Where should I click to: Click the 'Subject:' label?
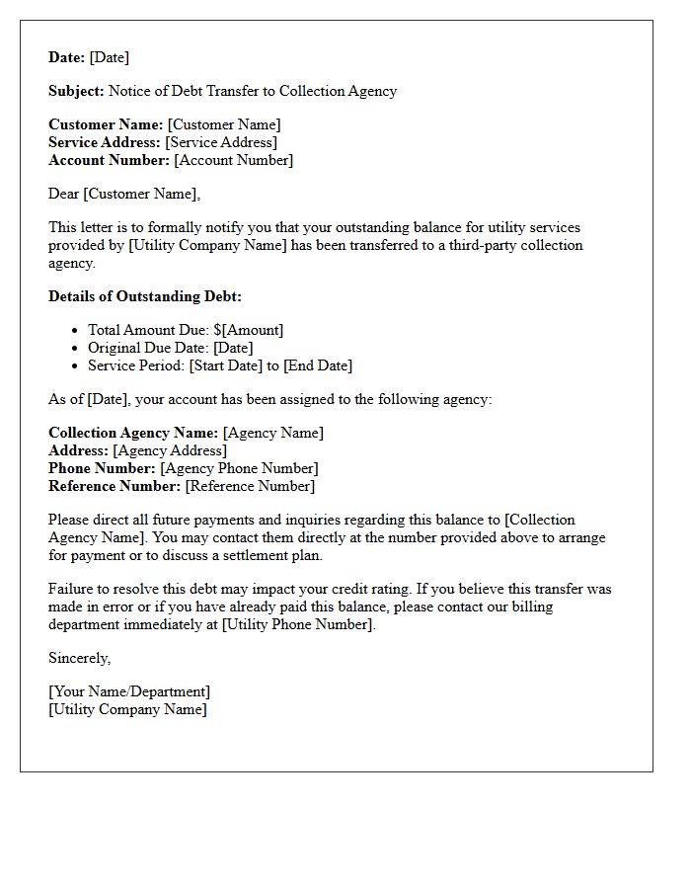[x=76, y=91]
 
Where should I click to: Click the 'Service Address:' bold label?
[x=105, y=142]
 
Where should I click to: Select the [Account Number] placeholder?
[x=233, y=160]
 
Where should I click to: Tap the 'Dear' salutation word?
[x=64, y=194]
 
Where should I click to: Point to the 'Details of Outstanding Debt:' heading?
[x=145, y=296]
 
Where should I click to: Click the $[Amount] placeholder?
[x=248, y=330]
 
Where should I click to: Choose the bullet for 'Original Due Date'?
[x=75, y=348]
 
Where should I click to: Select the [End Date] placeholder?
[x=317, y=365]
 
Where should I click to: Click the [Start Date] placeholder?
[x=228, y=365]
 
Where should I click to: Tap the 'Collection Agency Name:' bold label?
[x=133, y=433]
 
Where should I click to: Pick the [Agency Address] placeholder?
[x=170, y=450]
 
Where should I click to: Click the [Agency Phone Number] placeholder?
[x=239, y=468]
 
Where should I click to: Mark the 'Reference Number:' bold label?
[x=115, y=486]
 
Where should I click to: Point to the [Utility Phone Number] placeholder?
[x=297, y=624]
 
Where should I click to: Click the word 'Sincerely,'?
[x=80, y=658]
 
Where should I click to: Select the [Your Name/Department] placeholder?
[x=129, y=691]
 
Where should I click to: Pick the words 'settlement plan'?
[x=272, y=555]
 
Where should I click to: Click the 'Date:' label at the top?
[x=67, y=57]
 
